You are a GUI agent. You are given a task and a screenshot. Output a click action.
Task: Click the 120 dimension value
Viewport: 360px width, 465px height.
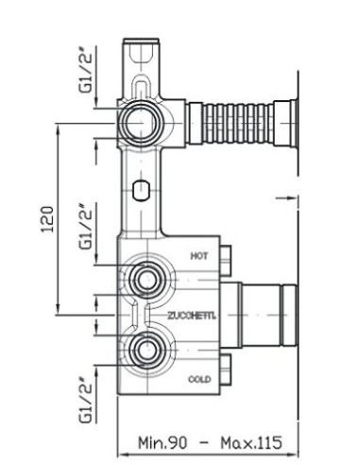[x=47, y=219]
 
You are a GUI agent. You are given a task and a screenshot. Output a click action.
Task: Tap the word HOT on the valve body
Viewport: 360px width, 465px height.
[x=199, y=255]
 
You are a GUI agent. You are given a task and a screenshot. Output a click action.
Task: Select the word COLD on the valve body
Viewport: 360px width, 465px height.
[x=199, y=379]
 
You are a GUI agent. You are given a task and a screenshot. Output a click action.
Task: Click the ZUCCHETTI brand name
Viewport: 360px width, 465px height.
[x=192, y=316]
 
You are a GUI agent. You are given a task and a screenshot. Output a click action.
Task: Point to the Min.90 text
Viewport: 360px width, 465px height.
[x=163, y=442]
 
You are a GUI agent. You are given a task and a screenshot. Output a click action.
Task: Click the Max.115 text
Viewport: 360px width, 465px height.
[x=251, y=442]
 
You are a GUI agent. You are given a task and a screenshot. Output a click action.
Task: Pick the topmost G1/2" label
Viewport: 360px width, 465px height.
[x=86, y=69]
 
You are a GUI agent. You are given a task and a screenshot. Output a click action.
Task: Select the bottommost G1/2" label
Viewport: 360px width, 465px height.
[x=86, y=400]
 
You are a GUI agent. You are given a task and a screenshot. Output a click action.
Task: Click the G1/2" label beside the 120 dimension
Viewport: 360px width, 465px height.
[x=86, y=226]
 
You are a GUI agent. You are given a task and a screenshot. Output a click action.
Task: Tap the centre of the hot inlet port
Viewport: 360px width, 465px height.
[x=146, y=280]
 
